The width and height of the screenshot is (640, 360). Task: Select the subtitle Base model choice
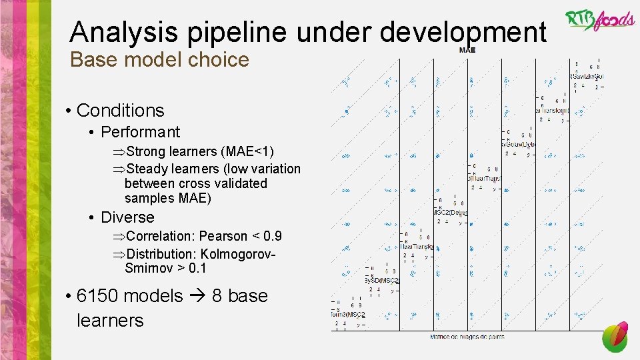click(159, 60)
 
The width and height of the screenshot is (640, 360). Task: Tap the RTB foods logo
click(600, 20)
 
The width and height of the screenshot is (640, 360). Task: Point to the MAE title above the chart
click(467, 51)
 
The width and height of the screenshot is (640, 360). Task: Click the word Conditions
click(120, 110)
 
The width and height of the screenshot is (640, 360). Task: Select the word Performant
click(140, 132)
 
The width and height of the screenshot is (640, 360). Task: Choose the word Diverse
click(127, 217)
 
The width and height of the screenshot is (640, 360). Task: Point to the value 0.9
click(273, 236)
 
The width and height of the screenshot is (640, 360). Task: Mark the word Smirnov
click(147, 268)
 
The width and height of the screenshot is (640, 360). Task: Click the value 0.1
click(197, 268)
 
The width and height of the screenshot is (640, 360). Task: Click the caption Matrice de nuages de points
click(466, 337)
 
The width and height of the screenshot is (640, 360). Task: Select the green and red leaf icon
click(615, 337)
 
